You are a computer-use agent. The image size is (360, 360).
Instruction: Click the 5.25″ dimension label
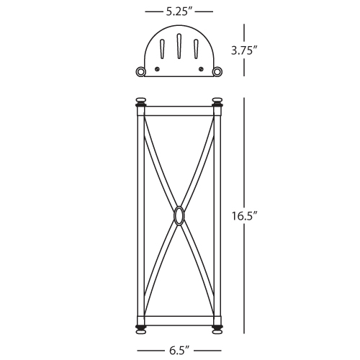click(179, 12)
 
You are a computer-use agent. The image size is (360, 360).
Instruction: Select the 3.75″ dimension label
click(244, 51)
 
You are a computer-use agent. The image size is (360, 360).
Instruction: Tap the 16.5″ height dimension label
click(244, 216)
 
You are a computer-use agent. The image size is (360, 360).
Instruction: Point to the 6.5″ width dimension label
click(179, 351)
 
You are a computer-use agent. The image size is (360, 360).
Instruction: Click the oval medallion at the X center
click(179, 215)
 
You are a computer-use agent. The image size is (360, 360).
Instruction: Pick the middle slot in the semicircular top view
click(179, 46)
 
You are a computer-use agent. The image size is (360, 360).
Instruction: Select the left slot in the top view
click(162, 48)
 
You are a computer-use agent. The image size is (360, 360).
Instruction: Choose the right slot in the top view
click(196, 48)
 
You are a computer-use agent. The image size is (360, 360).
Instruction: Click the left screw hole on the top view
click(157, 69)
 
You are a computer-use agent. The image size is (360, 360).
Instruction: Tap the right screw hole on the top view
click(201, 69)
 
